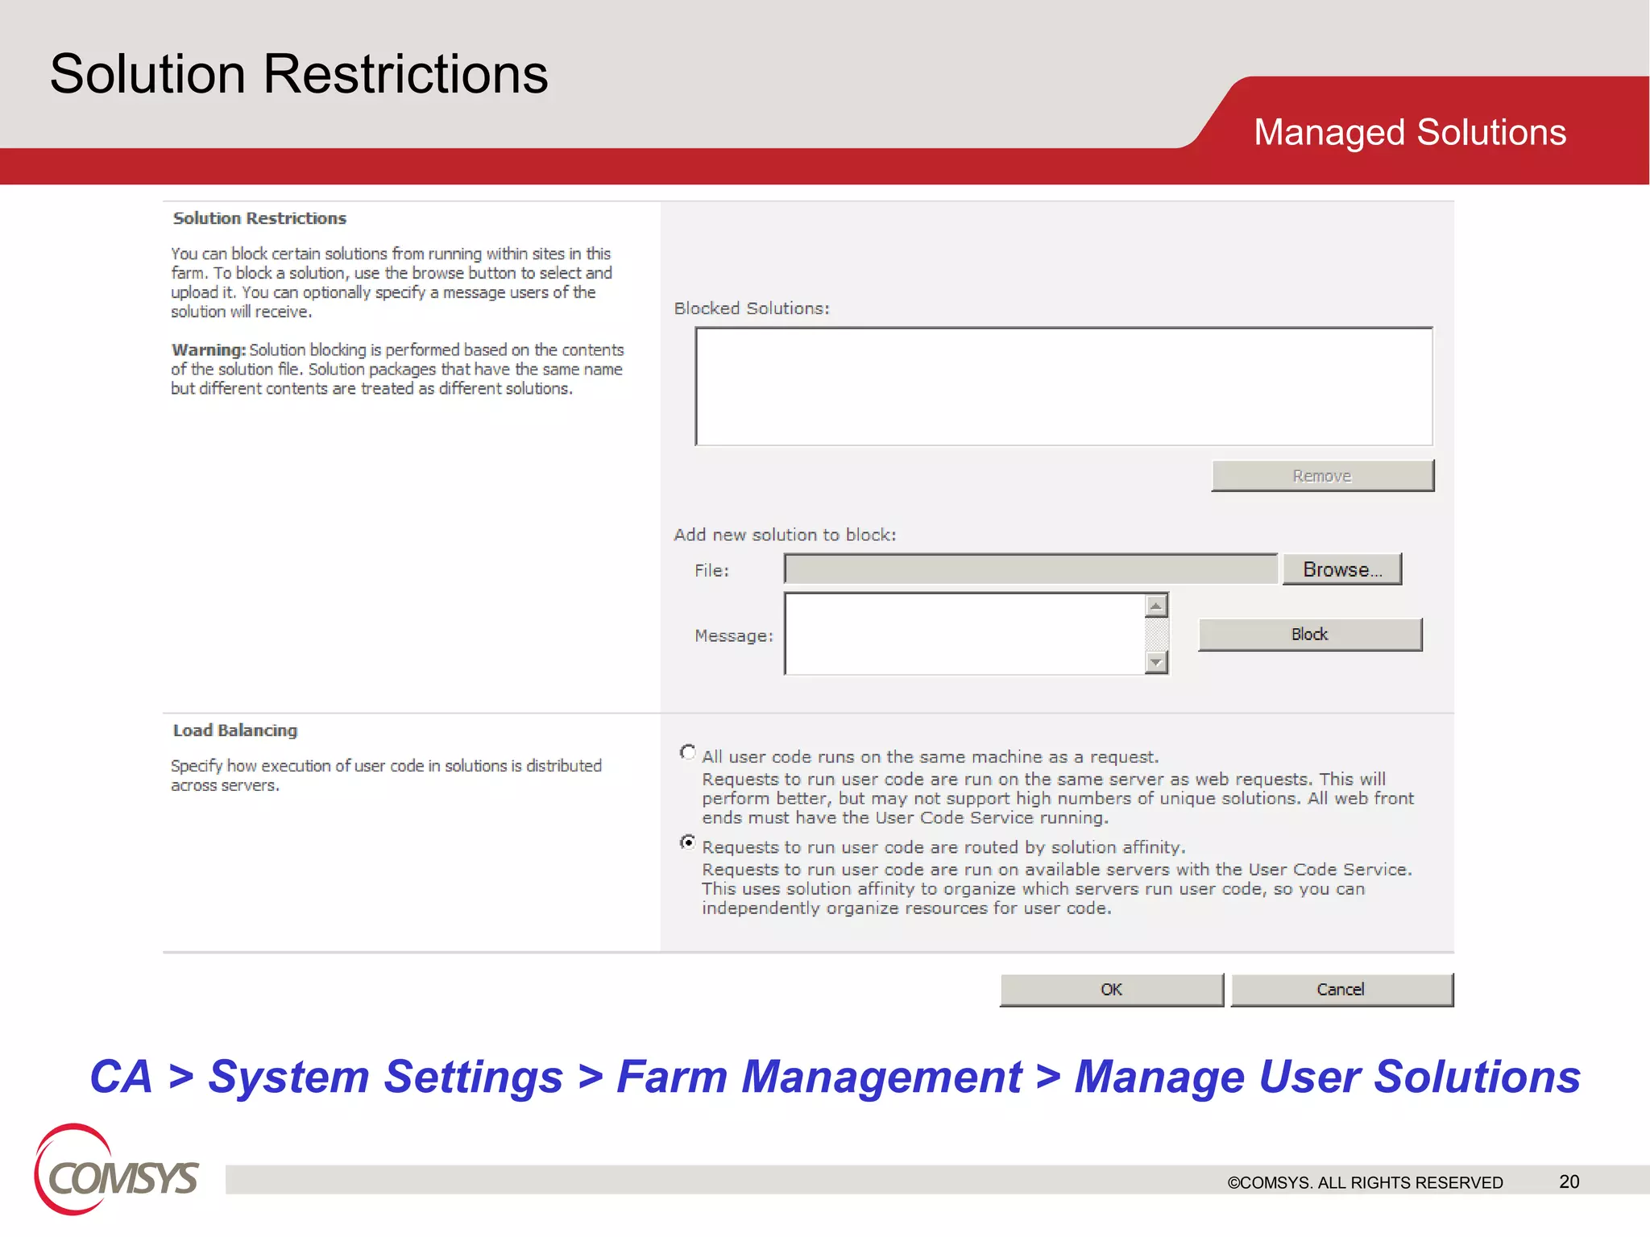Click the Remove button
pos(1322,476)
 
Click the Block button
pos(1309,635)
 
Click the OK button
pos(1111,990)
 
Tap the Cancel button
pos(1341,990)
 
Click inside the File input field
pos(1030,569)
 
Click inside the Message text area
pos(964,635)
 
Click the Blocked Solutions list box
pos(1063,387)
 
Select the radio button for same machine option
pos(687,752)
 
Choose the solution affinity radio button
pos(687,842)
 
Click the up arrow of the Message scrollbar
pos(1156,606)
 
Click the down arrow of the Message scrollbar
pos(1156,663)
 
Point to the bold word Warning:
pos(208,350)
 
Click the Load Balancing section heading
pos(234,730)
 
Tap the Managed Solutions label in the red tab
pos(1409,132)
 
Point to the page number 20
pos(1569,1181)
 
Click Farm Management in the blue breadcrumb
pos(819,1077)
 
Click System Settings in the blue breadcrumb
pos(385,1077)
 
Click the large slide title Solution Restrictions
pos(299,74)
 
